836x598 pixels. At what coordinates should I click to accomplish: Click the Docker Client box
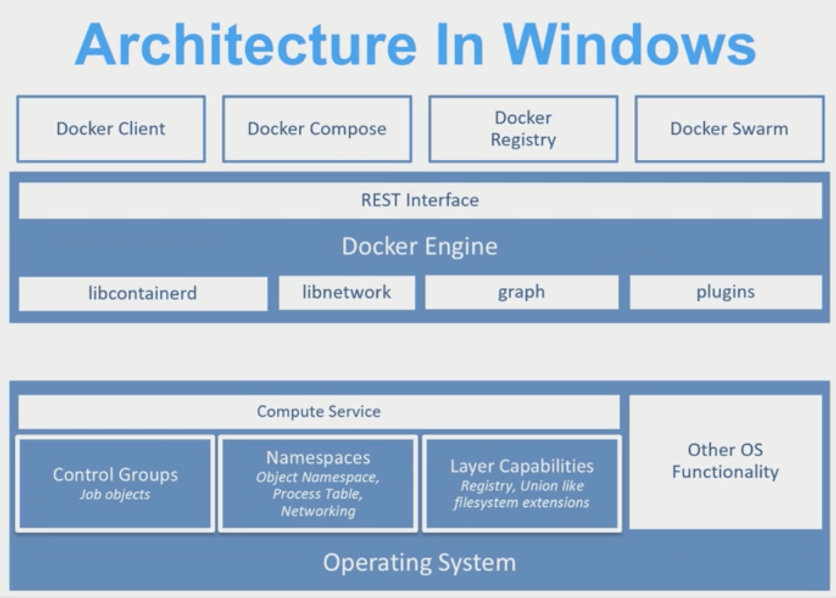(111, 129)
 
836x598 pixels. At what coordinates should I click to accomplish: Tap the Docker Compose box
(317, 129)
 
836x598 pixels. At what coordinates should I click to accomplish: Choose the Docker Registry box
(523, 129)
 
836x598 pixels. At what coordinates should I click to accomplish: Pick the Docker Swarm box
(729, 129)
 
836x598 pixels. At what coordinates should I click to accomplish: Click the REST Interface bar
(419, 200)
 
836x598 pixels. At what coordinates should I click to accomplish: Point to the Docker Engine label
(419, 246)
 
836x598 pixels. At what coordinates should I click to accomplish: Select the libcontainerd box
(143, 293)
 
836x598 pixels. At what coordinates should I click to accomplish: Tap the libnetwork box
(347, 292)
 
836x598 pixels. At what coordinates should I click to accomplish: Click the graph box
(521, 292)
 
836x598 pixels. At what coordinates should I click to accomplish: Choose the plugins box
(725, 292)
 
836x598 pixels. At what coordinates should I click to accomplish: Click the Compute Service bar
(319, 412)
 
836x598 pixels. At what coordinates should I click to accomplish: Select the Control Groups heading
(115, 475)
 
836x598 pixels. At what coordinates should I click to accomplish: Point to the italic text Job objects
(115, 495)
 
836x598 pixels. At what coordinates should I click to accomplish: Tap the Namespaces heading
(318, 458)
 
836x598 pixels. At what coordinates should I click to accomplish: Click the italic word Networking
(318, 511)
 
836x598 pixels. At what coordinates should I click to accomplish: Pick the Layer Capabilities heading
(521, 466)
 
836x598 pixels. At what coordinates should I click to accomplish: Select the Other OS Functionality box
(725, 461)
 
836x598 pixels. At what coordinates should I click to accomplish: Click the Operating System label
(419, 563)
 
